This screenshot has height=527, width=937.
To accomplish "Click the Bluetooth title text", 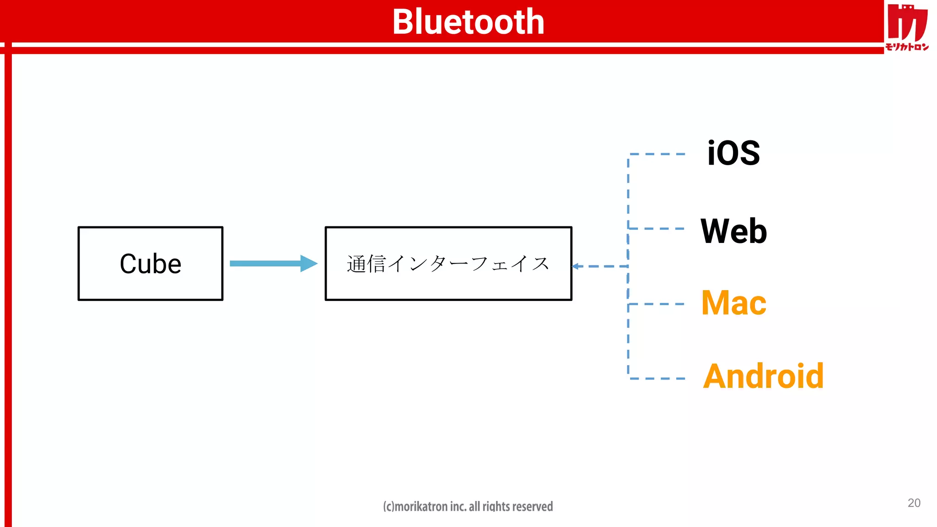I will [x=468, y=22].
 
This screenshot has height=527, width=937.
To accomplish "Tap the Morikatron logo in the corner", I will [x=907, y=27].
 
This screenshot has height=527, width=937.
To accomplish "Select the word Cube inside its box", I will [x=151, y=264].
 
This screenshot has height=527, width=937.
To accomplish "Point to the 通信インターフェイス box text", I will [x=448, y=264].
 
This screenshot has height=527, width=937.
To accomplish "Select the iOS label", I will [x=733, y=153].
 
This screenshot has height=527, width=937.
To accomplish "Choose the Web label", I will [x=733, y=231].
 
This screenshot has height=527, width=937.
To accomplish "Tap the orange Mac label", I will [x=733, y=303].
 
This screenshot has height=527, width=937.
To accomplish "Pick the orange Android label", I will [x=763, y=376].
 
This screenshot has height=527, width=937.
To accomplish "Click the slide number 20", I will [x=914, y=503].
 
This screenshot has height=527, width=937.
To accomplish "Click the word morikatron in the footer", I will [x=421, y=506].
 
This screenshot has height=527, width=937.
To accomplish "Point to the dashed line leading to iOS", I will [x=657, y=155].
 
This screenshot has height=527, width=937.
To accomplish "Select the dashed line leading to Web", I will [x=657, y=228].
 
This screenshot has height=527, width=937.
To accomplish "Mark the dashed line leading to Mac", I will [x=657, y=304].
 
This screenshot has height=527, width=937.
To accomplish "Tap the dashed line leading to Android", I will [x=657, y=379].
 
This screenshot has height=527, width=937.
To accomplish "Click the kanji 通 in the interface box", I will [x=356, y=264].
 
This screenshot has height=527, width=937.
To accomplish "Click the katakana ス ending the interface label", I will [x=540, y=264].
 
